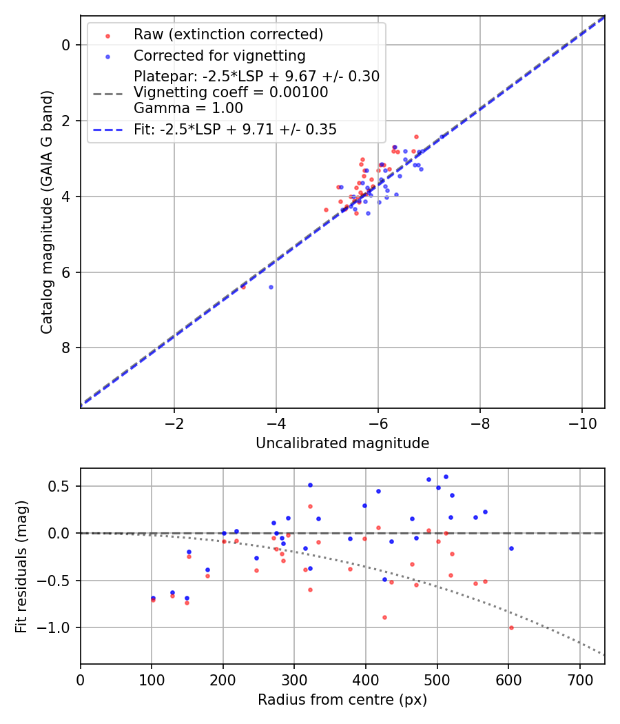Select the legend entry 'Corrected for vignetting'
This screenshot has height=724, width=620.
click(219, 55)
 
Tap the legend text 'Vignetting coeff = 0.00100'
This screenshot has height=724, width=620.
click(231, 92)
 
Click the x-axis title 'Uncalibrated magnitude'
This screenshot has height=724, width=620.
click(342, 443)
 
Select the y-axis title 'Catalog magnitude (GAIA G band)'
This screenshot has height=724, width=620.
click(47, 212)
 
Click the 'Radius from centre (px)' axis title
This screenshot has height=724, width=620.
click(342, 700)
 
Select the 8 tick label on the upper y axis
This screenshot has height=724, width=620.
click(67, 348)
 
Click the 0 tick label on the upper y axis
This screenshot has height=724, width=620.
click(67, 46)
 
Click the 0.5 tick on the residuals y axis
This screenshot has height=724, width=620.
click(62, 486)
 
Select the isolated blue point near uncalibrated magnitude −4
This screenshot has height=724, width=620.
click(271, 287)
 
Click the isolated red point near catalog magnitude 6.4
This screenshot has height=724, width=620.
click(243, 287)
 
